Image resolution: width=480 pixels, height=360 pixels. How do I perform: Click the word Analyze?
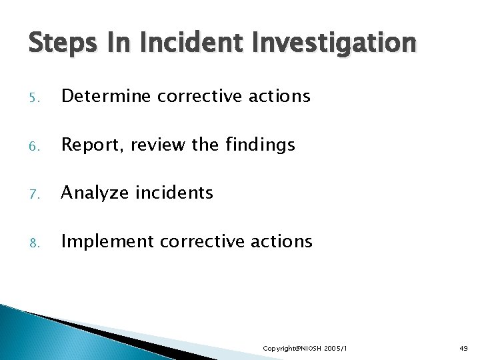(95, 194)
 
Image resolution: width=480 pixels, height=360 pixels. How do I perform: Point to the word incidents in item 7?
(175, 193)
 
